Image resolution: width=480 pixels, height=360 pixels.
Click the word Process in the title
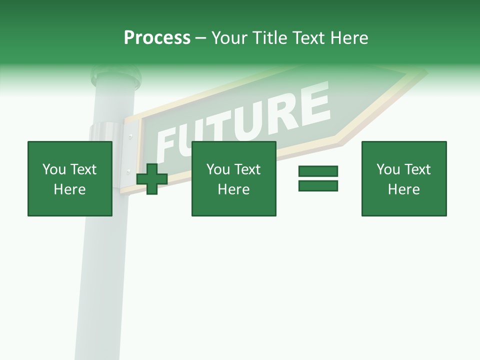[157, 38]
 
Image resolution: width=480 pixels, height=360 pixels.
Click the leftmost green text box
[69, 178]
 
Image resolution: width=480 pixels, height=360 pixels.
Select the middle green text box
[233, 178]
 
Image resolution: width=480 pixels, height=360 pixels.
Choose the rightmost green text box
[403, 178]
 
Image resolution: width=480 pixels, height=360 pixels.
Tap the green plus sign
[152, 178]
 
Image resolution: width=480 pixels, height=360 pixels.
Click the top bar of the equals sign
[318, 171]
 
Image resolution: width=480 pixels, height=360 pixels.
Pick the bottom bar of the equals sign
[318, 185]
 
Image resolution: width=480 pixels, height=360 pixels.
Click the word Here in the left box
[69, 189]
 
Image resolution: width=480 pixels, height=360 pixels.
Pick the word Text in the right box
[417, 169]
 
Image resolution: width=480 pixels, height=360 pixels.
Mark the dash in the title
[200, 38]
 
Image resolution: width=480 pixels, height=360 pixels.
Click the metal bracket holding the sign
[125, 155]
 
